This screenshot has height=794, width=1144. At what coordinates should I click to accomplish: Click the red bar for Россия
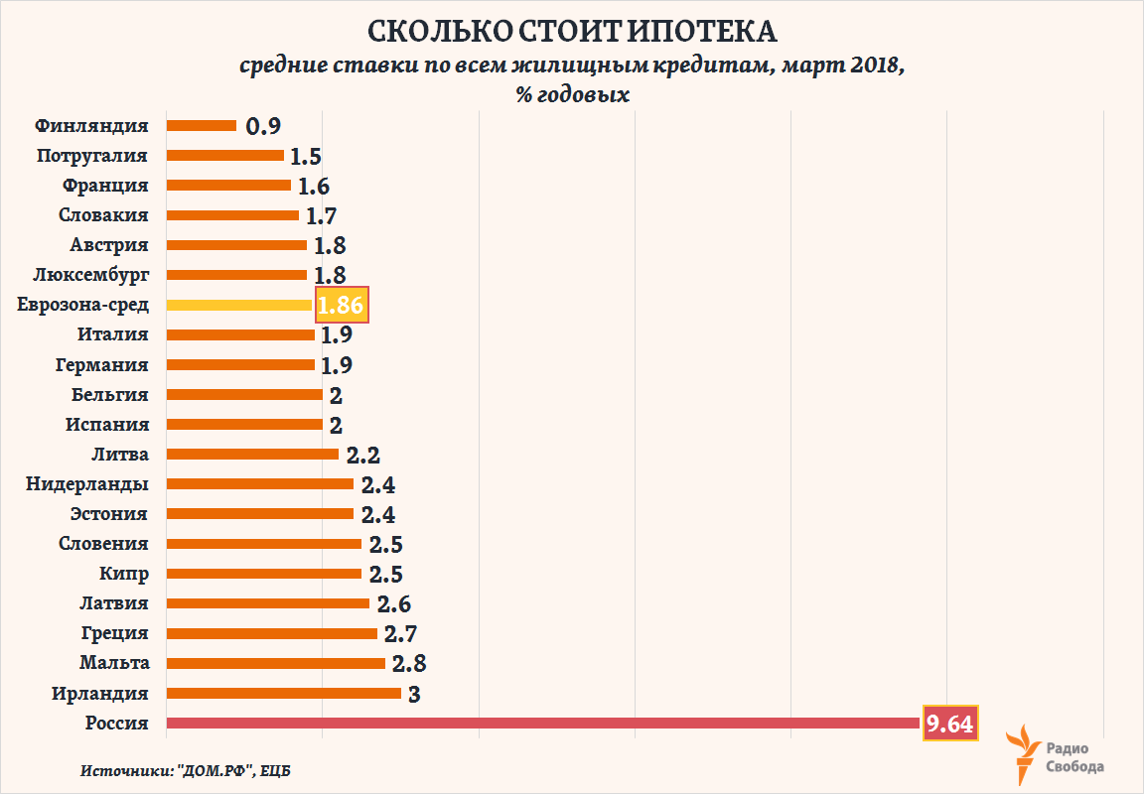[544, 724]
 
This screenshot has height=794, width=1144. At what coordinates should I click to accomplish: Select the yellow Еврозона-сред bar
[239, 305]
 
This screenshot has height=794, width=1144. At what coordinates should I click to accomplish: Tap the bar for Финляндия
[202, 126]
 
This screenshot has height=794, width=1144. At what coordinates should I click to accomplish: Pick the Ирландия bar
[284, 693]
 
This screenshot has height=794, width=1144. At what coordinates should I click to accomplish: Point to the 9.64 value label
[951, 724]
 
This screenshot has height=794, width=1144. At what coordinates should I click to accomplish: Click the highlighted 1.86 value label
[342, 305]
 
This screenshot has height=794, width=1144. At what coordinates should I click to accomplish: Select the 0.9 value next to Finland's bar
[263, 126]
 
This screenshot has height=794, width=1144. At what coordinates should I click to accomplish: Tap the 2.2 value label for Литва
[363, 455]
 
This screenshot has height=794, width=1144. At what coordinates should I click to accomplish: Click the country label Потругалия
[91, 156]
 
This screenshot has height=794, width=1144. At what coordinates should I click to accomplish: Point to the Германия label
[102, 364]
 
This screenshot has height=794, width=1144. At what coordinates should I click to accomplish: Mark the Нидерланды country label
[89, 484]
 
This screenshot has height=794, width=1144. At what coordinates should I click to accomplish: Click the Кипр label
[124, 574]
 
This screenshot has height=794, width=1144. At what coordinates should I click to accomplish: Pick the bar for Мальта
[276, 663]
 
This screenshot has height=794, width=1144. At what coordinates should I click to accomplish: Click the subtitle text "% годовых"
[571, 94]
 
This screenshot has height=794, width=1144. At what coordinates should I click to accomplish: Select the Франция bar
[228, 186]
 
